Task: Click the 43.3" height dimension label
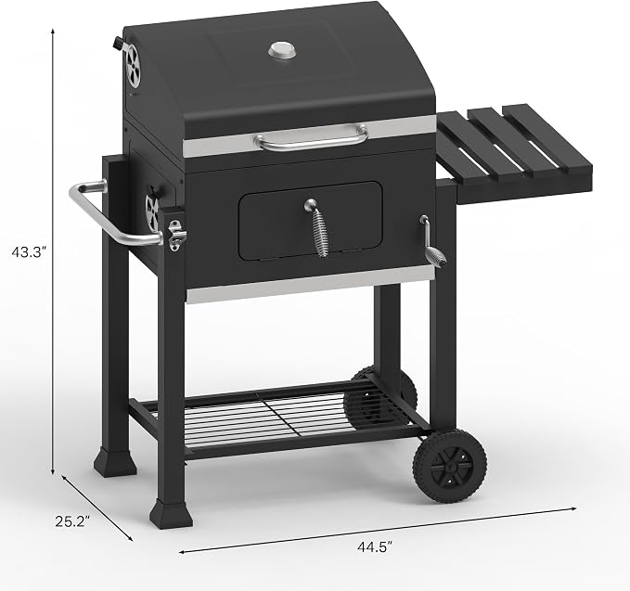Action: click(x=30, y=252)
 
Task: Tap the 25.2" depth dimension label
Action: click(x=72, y=521)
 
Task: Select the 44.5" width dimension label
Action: click(x=375, y=546)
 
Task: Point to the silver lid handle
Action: click(x=312, y=137)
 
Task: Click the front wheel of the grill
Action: click(x=450, y=466)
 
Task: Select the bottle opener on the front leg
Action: click(x=176, y=236)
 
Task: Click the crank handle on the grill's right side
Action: click(x=432, y=244)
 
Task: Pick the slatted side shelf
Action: click(x=515, y=153)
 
